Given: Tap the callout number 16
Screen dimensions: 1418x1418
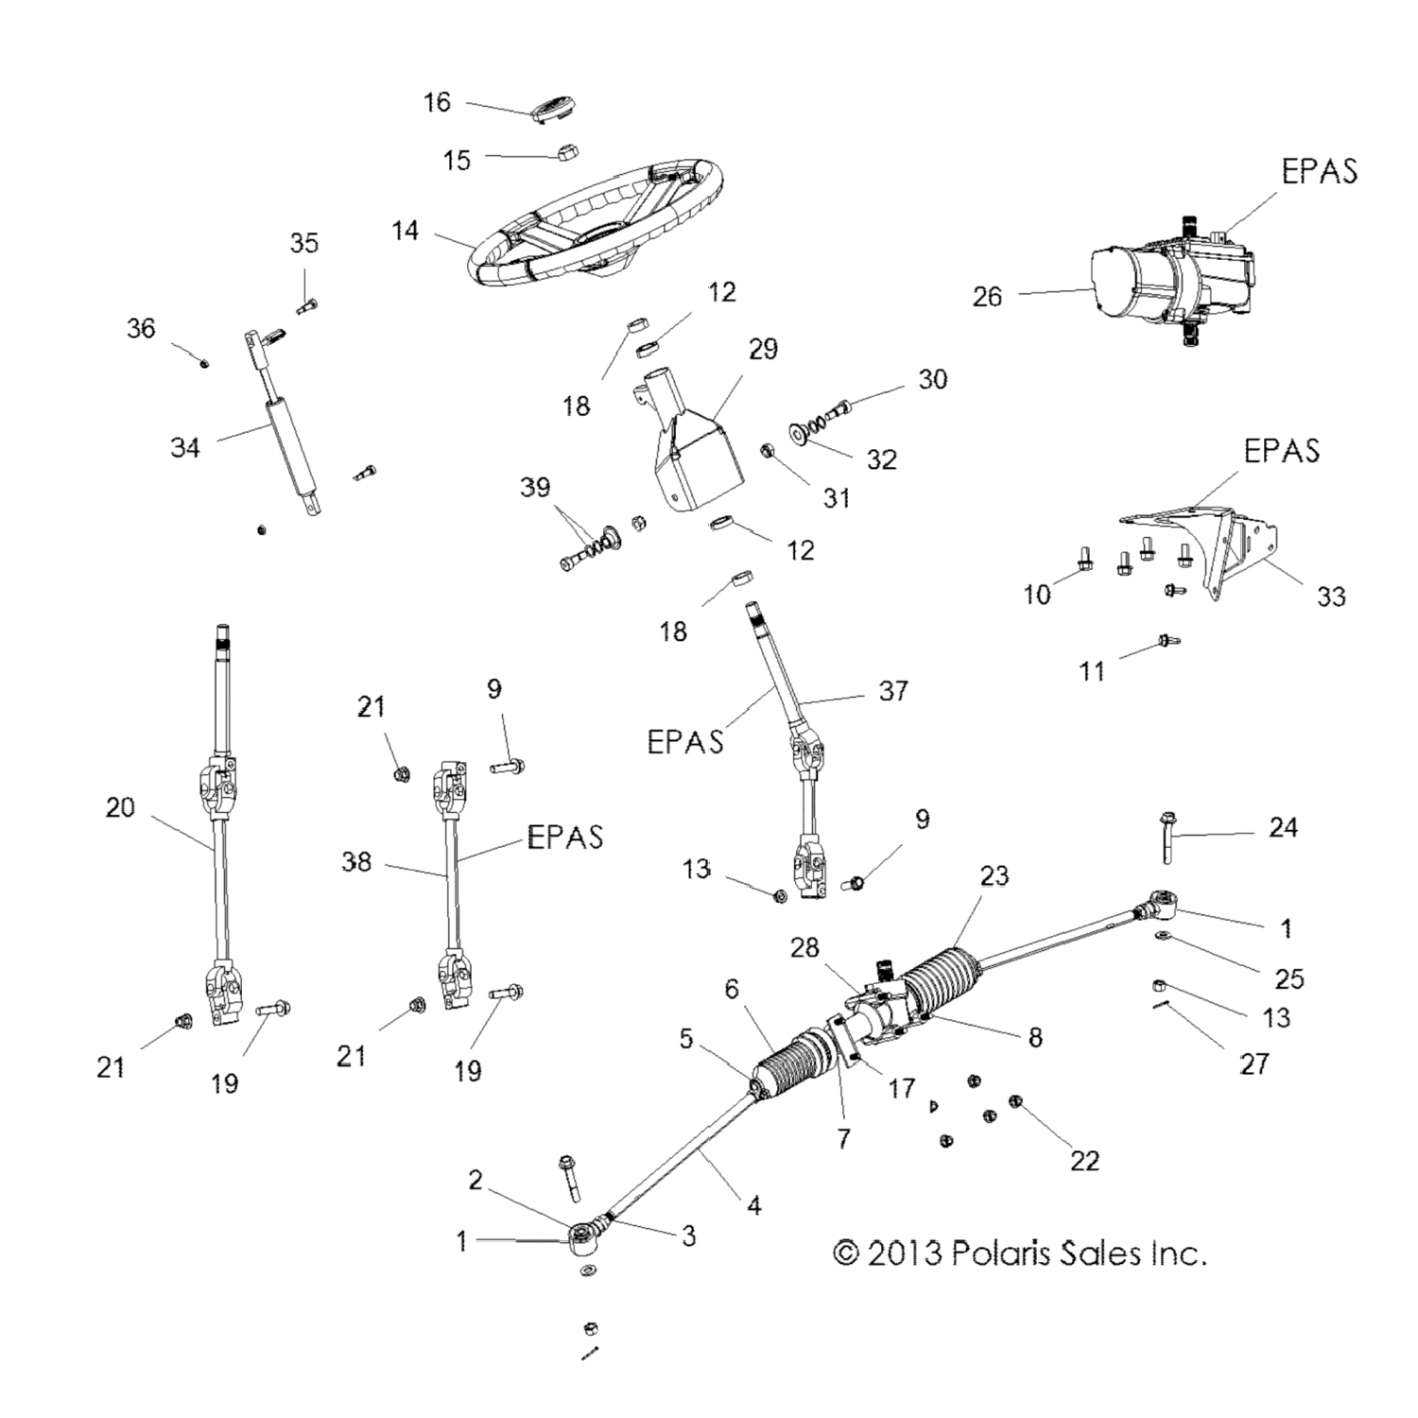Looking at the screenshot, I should point(437,102).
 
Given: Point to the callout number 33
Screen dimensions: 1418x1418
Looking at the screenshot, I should point(1331,597).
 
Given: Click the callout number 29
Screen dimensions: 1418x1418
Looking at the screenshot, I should point(763,349).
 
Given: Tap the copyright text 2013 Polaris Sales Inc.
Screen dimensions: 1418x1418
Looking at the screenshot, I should point(1020,1254).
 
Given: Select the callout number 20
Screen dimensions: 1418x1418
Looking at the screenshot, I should point(120,807).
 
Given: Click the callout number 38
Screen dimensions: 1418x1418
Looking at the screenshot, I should point(356,862).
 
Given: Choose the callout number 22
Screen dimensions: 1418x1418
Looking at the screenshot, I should point(1084,1159).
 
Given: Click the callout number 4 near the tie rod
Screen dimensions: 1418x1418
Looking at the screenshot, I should point(753,1205).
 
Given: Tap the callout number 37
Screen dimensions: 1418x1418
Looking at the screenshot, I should point(893,691).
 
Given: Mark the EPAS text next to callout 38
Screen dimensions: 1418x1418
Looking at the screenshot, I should point(564,837).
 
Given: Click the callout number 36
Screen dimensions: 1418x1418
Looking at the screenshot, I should point(141,329).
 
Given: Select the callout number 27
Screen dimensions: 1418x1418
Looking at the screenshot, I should point(1254,1063).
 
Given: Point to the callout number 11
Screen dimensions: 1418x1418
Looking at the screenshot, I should point(1092,671).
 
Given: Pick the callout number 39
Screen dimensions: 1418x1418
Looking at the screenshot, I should point(535,487).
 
